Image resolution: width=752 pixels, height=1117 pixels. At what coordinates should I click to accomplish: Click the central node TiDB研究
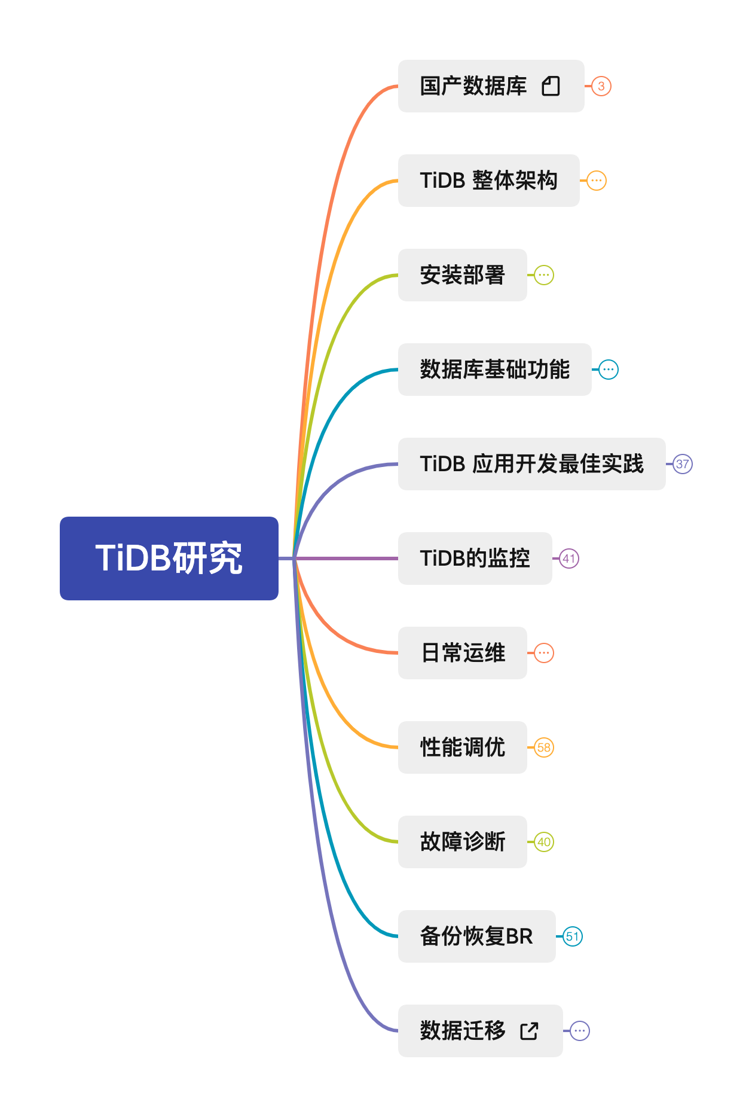[x=169, y=558]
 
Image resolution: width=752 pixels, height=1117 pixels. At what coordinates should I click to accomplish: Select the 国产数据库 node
[x=473, y=86]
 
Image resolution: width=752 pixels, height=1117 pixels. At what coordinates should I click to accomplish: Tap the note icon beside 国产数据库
[x=551, y=86]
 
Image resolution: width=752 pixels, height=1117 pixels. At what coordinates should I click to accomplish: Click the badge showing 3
[x=601, y=86]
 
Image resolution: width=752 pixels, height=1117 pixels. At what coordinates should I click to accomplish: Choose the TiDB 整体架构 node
[x=488, y=181]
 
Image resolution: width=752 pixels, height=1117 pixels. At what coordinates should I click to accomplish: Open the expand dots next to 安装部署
[x=544, y=275]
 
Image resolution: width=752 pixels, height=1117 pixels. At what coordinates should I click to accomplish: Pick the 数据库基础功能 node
[x=494, y=370]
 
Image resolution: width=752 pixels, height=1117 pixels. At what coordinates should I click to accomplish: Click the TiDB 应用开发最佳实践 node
[x=531, y=464]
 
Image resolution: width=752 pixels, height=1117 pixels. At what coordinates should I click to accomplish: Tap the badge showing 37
[x=683, y=464]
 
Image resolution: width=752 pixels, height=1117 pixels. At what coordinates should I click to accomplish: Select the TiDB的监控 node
[x=475, y=558]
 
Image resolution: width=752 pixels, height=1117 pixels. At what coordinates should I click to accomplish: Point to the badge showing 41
[x=569, y=558]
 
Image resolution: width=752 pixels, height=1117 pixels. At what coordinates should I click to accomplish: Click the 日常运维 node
[x=463, y=653]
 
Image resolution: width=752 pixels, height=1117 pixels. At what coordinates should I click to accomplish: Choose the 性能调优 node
[x=463, y=747]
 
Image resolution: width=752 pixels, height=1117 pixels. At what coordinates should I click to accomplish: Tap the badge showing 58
[x=544, y=747]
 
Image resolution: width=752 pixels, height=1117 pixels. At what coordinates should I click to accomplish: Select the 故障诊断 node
[x=463, y=842]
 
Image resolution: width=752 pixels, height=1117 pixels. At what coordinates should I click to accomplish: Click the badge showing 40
[x=544, y=842]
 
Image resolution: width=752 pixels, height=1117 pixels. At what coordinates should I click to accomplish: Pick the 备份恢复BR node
[x=476, y=936]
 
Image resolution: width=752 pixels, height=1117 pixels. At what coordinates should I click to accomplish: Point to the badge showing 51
[x=573, y=936]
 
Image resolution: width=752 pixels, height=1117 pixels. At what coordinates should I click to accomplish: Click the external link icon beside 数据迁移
[x=529, y=1031]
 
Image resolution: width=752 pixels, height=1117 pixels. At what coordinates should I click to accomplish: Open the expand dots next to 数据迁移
[x=580, y=1031]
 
